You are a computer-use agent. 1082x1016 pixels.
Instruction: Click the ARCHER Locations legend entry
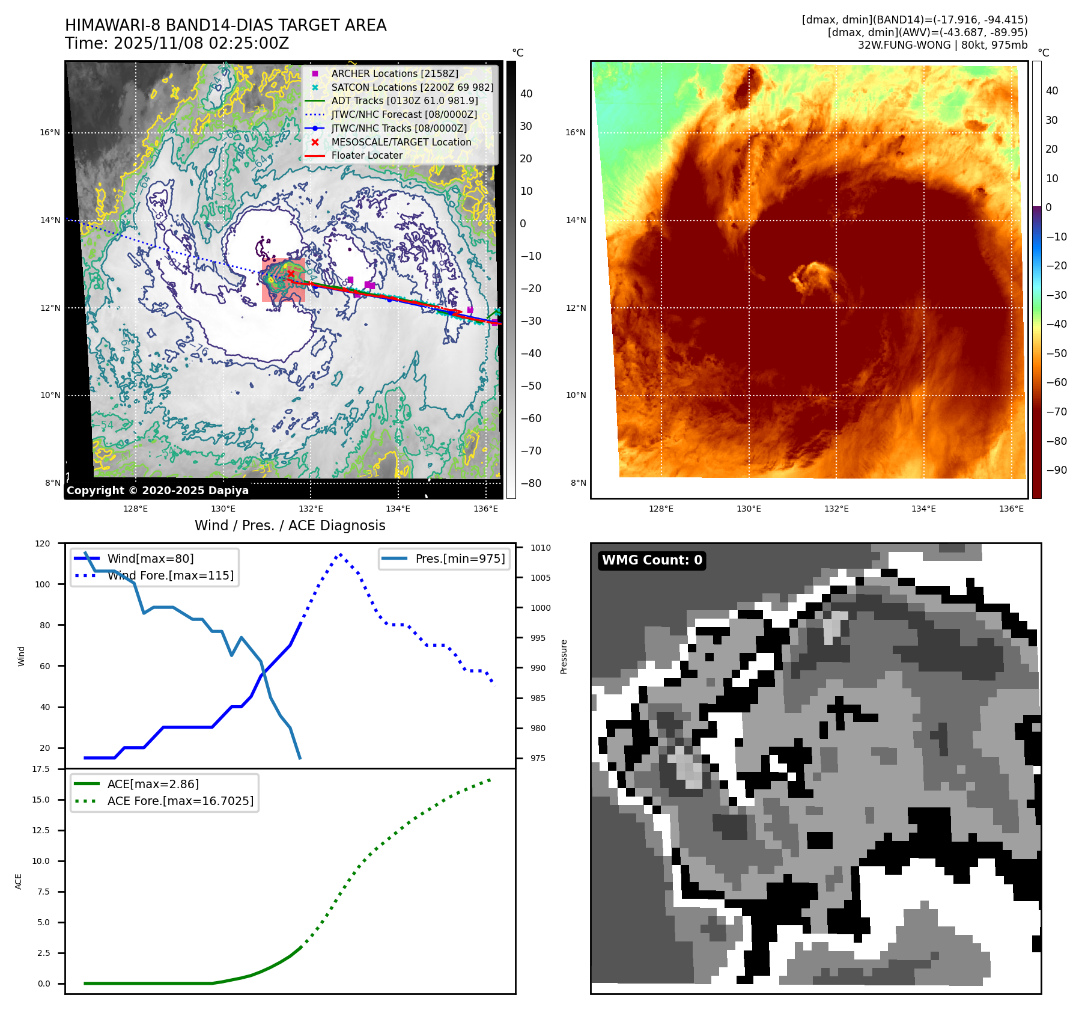click(x=394, y=73)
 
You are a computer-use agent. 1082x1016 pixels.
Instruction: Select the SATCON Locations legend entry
click(x=412, y=87)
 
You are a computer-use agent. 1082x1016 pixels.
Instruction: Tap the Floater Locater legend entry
click(x=366, y=155)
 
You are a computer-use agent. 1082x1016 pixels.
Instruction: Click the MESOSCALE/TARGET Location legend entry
click(x=401, y=142)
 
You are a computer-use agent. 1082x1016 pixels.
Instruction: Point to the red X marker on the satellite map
click(x=291, y=274)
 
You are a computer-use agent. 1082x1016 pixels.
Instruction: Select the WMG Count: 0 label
click(x=652, y=560)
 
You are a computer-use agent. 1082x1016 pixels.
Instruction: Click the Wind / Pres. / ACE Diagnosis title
click(x=290, y=525)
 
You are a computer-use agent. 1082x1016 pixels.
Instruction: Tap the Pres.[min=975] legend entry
click(x=460, y=558)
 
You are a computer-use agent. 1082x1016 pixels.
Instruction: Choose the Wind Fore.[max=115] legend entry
click(x=170, y=575)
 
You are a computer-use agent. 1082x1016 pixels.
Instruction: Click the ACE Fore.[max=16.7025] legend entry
click(x=180, y=801)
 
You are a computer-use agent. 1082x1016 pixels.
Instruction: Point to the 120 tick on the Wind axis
click(x=43, y=543)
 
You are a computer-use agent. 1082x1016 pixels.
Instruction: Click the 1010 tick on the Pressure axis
click(x=540, y=548)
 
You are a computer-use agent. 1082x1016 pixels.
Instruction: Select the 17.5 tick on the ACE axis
click(x=41, y=769)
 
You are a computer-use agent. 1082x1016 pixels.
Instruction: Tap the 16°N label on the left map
click(x=50, y=132)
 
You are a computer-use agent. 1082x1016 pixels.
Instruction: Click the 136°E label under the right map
click(x=1011, y=509)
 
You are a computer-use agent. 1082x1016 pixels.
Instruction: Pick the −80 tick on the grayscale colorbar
click(x=530, y=483)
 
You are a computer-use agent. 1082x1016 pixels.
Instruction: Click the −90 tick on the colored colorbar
click(x=1056, y=470)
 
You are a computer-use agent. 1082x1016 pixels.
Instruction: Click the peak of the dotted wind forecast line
click(x=341, y=554)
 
